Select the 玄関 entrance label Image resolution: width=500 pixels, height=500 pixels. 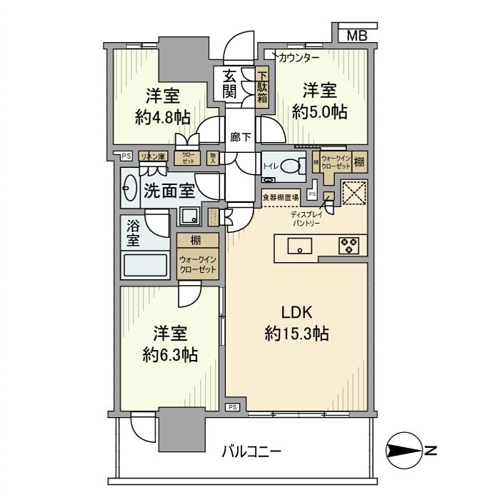point(229,84)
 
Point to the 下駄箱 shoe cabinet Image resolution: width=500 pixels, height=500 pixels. point(262,84)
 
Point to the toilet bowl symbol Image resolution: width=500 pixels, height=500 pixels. point(291,166)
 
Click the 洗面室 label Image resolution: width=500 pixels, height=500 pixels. point(169,191)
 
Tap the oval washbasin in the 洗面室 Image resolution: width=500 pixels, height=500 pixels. point(130,191)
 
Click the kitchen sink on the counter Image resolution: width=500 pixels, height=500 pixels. point(299,246)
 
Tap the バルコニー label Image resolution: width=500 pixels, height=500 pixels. point(251,451)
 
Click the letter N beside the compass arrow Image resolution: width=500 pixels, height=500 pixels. point(431,451)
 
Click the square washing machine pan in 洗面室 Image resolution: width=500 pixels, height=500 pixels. point(190,214)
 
